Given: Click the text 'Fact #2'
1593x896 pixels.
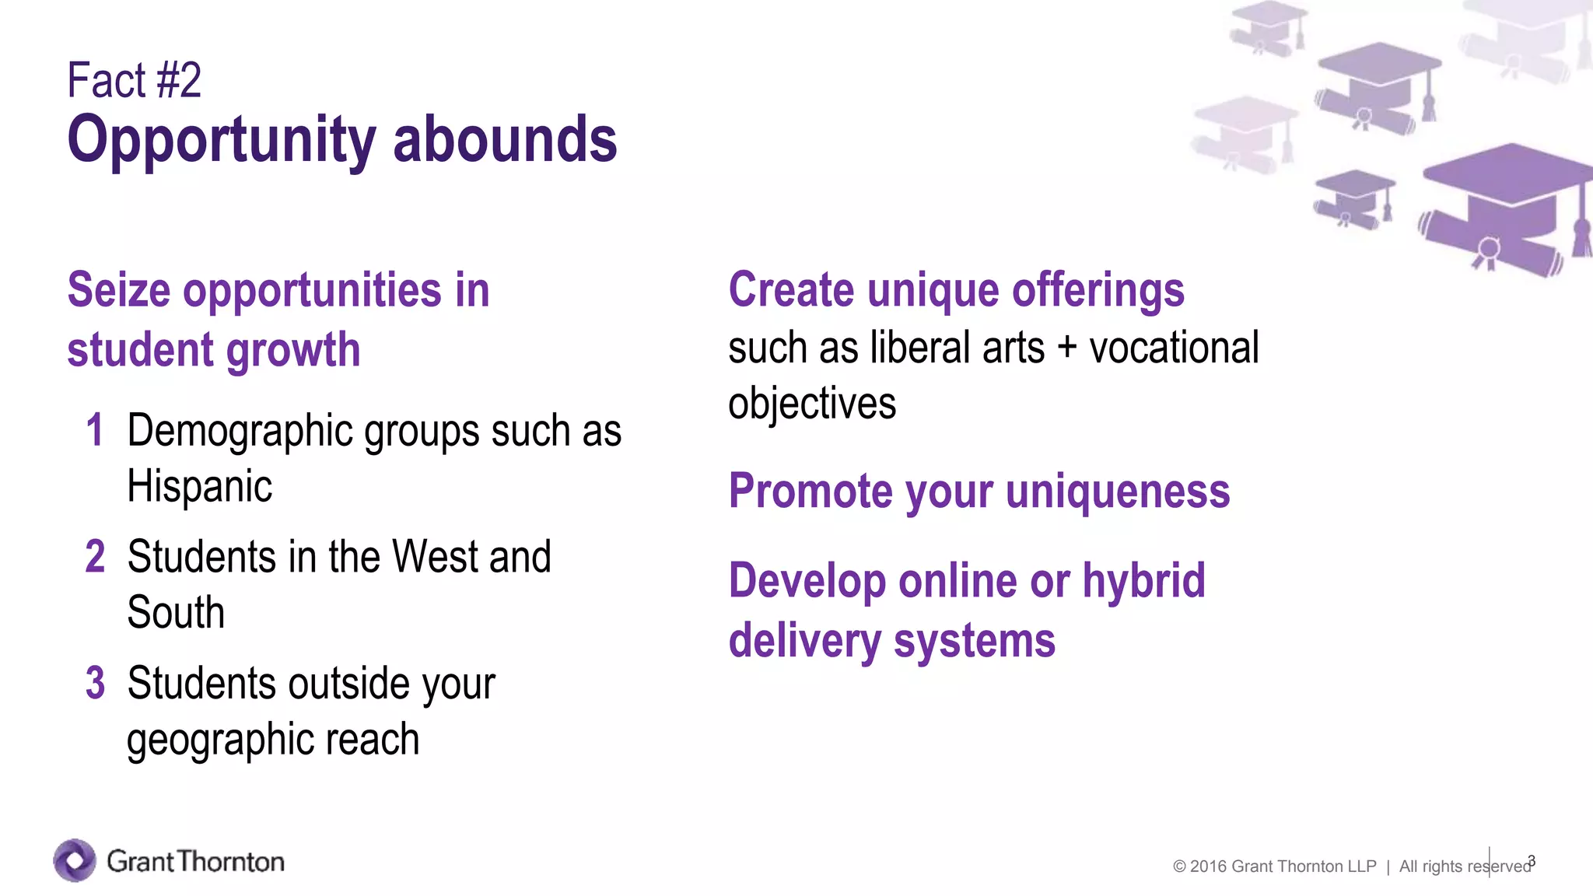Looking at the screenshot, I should (134, 80).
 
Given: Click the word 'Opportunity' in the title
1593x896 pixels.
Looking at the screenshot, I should (222, 140).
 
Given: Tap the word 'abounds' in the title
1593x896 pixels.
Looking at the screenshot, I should (505, 140).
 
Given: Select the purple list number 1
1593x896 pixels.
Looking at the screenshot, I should (95, 430).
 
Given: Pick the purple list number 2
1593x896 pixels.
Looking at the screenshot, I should (95, 557).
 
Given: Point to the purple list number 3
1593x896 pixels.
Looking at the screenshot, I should (95, 683).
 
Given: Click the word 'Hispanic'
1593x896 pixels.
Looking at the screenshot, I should (199, 487).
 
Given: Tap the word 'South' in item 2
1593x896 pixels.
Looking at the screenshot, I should (176, 613).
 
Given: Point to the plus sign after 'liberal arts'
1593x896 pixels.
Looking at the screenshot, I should (1067, 348).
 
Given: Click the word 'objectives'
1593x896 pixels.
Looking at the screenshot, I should (812, 404).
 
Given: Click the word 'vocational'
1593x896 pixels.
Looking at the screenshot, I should (1174, 348).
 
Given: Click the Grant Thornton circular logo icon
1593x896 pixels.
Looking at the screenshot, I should (75, 860).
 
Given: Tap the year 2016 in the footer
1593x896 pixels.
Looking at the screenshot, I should (1208, 866).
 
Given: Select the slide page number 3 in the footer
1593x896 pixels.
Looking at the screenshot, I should (1532, 860).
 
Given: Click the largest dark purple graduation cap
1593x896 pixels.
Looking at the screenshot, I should (1505, 206).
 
